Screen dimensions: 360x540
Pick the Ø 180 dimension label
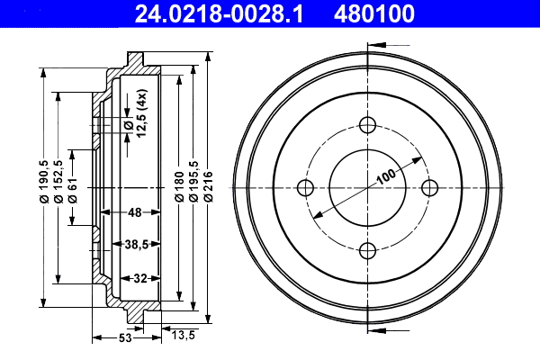[x=178, y=186]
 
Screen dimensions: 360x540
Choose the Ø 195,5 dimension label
[x=193, y=186]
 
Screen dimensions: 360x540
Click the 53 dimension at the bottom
[x=125, y=338]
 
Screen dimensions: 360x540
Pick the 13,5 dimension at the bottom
[x=185, y=336]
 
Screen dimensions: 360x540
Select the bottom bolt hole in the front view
[x=367, y=250]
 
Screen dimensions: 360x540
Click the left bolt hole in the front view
[x=304, y=187]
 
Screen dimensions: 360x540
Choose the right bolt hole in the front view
[x=429, y=187]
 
